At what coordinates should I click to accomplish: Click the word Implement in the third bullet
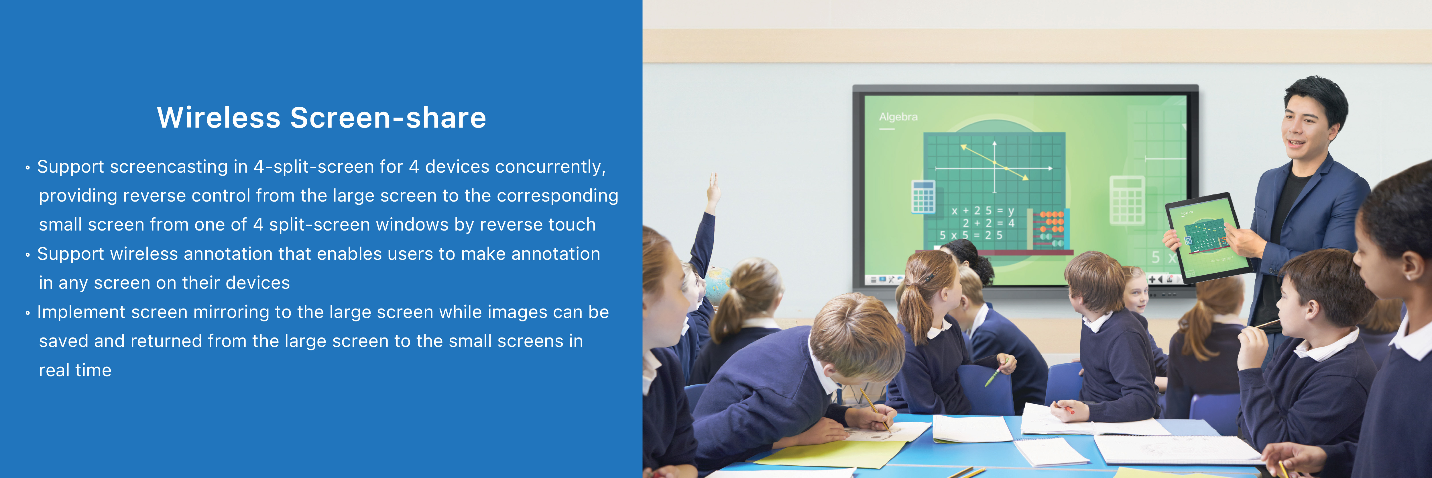(81, 312)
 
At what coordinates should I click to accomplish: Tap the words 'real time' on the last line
(75, 370)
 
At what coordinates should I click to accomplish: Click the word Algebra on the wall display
(898, 117)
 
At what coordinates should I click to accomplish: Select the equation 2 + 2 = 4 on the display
(988, 223)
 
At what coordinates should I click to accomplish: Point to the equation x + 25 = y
(983, 211)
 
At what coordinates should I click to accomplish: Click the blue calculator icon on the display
(923, 196)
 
